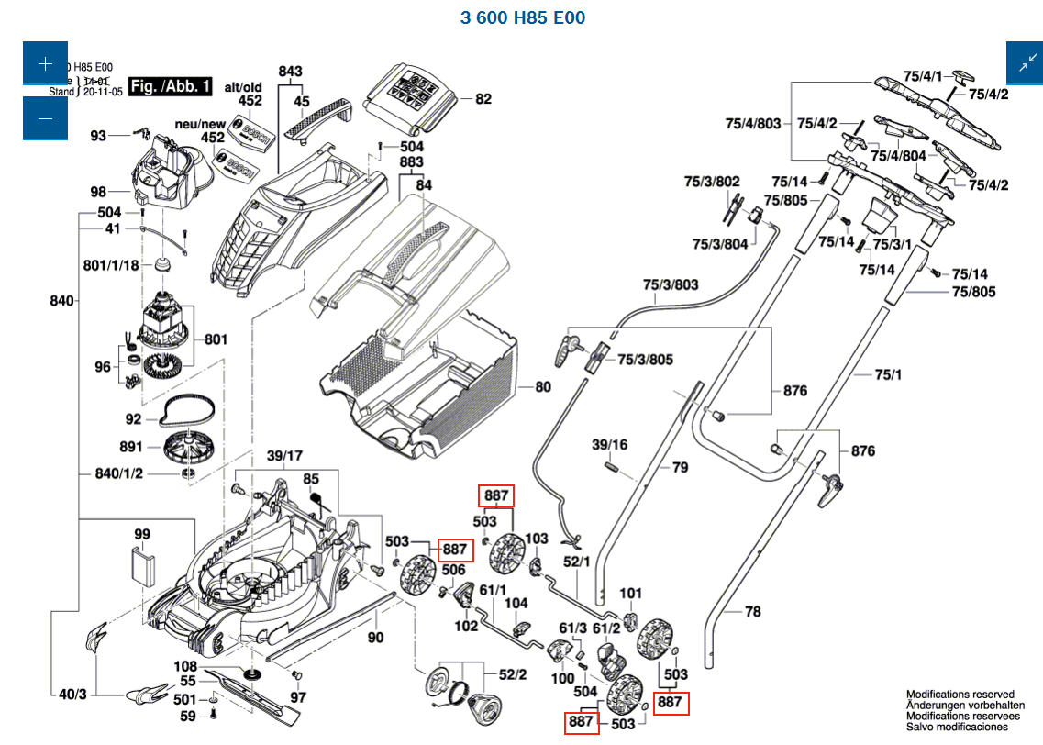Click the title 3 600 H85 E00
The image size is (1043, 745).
click(x=523, y=17)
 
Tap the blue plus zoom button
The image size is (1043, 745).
click(x=46, y=63)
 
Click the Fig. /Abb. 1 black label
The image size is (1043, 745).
click(x=171, y=86)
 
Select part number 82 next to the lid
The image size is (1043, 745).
click(x=483, y=99)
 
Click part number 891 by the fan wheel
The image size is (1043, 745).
click(x=131, y=447)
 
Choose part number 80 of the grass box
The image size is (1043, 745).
click(x=543, y=387)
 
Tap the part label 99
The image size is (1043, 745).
click(x=142, y=534)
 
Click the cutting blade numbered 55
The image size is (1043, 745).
click(x=187, y=681)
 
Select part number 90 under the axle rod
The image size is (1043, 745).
click(x=375, y=638)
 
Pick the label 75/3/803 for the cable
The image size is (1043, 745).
click(x=671, y=284)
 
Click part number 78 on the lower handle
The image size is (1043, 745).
click(x=753, y=611)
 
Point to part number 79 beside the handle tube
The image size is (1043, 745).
click(x=680, y=467)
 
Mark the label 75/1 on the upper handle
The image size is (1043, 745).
click(x=888, y=374)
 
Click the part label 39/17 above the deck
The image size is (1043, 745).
click(x=285, y=456)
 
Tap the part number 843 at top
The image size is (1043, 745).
click(x=290, y=72)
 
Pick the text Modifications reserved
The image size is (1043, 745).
click(x=960, y=695)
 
